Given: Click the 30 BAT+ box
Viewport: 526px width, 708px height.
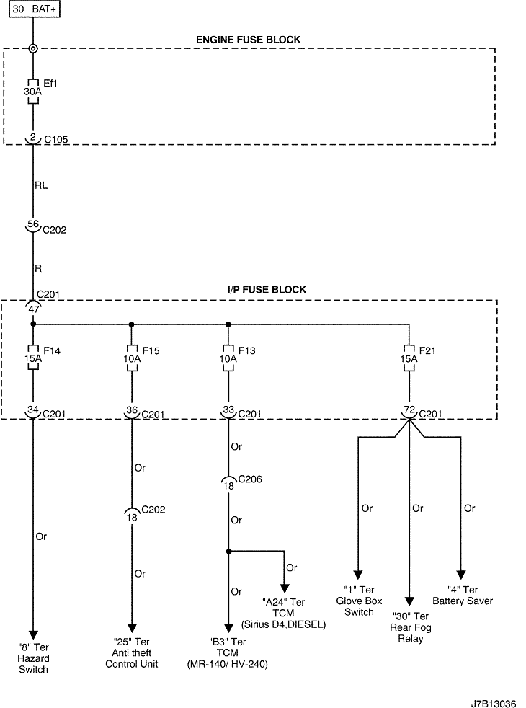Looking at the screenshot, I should tap(34, 10).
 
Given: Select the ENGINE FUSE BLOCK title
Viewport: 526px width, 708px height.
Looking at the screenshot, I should tap(248, 40).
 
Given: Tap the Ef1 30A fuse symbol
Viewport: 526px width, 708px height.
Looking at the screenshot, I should tap(33, 92).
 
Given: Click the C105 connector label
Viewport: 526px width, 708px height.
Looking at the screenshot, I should tap(56, 138).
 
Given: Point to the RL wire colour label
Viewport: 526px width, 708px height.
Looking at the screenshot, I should tap(42, 185).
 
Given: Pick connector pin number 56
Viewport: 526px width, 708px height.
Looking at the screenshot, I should tap(32, 224).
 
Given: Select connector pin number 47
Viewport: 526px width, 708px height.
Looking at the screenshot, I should tap(32, 309).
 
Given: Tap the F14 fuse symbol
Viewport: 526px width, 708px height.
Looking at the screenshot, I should tap(33, 358).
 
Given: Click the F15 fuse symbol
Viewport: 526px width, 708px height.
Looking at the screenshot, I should tap(132, 358).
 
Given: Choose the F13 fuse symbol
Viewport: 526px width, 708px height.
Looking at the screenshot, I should tap(228, 358).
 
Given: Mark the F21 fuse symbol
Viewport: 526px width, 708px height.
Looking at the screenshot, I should tap(409, 358).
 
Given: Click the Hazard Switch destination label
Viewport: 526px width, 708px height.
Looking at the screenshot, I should tap(34, 658).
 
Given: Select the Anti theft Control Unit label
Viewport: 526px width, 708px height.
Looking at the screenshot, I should tap(132, 652).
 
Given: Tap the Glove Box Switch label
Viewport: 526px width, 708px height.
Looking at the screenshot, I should tap(359, 601).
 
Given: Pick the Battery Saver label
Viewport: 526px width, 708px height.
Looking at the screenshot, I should tap(462, 596).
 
